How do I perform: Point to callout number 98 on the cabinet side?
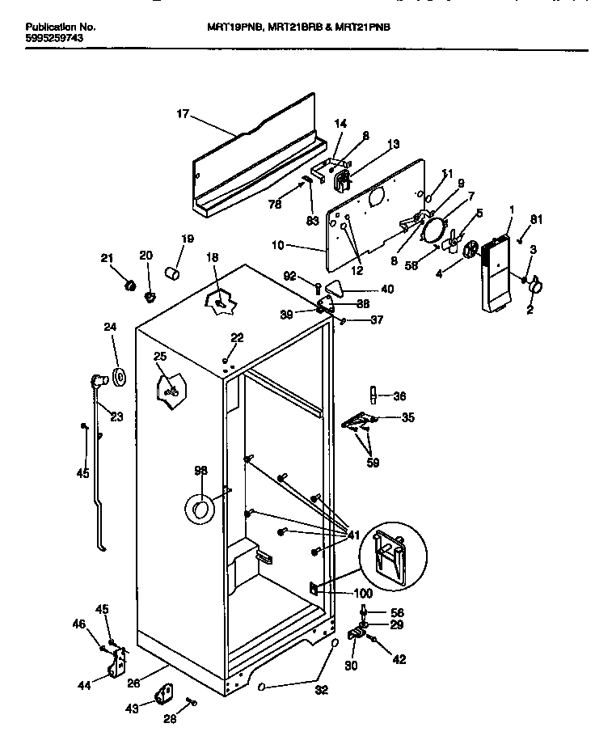(200, 471)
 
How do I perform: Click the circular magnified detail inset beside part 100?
(392, 558)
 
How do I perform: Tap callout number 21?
(107, 258)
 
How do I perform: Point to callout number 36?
(399, 396)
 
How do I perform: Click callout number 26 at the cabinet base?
(134, 683)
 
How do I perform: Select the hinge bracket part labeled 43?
(169, 696)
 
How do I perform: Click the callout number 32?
(321, 690)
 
